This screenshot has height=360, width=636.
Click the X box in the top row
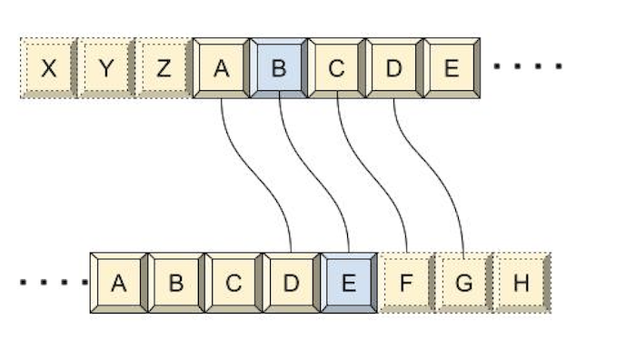49,67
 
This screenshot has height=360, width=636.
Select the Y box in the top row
106,67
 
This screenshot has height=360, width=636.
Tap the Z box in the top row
164,67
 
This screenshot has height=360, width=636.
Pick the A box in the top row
222,67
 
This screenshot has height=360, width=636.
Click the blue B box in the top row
279,67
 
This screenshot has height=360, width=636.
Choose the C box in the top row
336,67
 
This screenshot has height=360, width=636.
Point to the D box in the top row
393,67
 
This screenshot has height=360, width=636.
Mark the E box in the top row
451,67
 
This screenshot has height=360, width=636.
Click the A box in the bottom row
119,283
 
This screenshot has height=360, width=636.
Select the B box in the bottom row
176,283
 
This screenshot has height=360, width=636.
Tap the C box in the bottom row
234,283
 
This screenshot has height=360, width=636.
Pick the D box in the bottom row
291,283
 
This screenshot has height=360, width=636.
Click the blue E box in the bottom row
348,283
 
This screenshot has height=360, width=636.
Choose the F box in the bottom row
406,283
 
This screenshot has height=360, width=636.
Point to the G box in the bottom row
463,283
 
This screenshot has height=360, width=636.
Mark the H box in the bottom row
521,283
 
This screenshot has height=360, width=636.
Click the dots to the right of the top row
528,66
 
